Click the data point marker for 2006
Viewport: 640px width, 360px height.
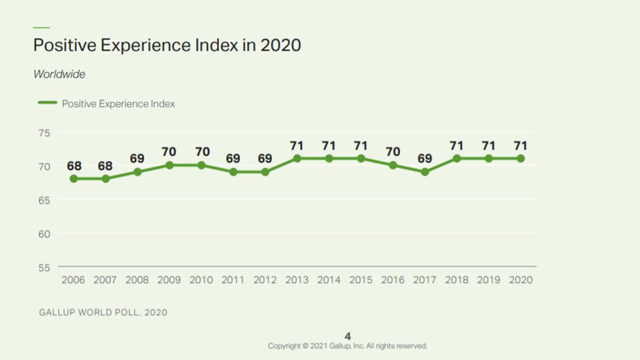[x=74, y=179]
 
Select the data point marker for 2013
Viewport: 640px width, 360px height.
[x=297, y=158]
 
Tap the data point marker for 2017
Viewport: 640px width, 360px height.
[x=425, y=172]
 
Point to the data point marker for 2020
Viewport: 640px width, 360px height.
[x=521, y=158]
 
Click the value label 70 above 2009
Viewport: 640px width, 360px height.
[x=169, y=152]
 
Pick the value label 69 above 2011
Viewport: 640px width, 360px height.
[x=233, y=158]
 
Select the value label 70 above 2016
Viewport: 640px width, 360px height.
[x=393, y=152]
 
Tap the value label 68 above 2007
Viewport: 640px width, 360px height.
[x=106, y=165]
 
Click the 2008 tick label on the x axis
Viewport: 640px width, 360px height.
[x=137, y=280]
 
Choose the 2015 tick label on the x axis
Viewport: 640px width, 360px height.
[x=361, y=280]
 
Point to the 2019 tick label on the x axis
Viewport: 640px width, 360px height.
[x=489, y=280]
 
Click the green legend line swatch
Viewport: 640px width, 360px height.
[x=47, y=103]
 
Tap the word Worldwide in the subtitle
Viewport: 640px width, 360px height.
[x=59, y=74]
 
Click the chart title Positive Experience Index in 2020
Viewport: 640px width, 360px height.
[x=167, y=45]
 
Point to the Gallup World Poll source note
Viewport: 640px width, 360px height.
[x=103, y=313]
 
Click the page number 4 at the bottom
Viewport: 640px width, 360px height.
[x=348, y=336]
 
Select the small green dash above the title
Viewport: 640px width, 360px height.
[x=42, y=27]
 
